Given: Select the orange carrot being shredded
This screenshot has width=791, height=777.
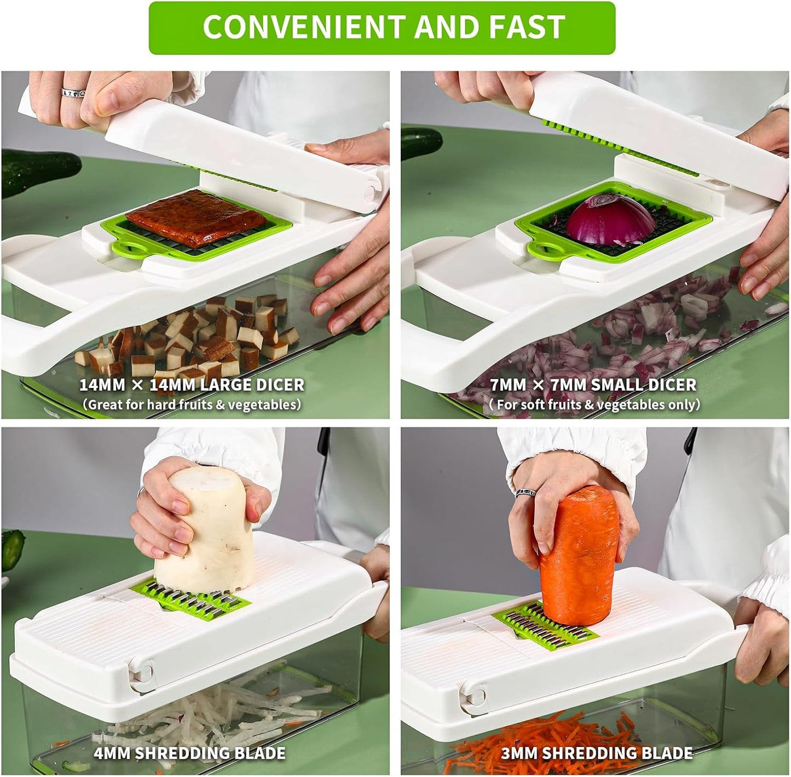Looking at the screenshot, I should coord(579,553).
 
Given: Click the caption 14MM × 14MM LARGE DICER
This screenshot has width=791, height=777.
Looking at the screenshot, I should coord(192,385).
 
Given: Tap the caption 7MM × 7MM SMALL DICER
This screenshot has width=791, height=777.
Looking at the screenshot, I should coord(593,385).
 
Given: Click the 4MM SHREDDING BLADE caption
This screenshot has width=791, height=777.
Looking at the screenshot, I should coord(189,753).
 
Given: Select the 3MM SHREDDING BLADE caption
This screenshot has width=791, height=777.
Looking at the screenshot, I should coord(597,753).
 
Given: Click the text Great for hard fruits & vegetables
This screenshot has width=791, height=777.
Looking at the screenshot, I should coord(192,405).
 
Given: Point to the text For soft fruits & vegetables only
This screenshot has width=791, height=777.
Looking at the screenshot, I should coord(594,405).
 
